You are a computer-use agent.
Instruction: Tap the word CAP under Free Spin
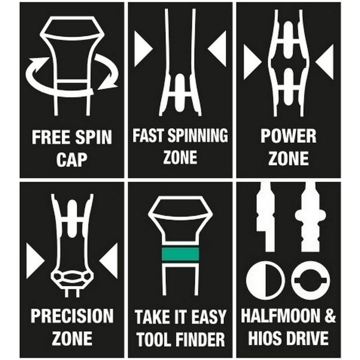pyautogui.click(x=72, y=160)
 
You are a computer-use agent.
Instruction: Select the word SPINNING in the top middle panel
pyautogui.click(x=198, y=135)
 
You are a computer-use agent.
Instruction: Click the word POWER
pyautogui.click(x=288, y=136)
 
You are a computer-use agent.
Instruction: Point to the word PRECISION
pyautogui.click(x=72, y=316)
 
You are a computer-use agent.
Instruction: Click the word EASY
pyautogui.click(x=208, y=317)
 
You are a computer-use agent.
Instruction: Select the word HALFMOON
pyautogui.click(x=280, y=316)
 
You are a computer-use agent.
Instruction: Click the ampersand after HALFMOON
pyautogui.click(x=330, y=316)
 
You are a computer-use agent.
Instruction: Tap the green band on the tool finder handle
pyautogui.click(x=180, y=254)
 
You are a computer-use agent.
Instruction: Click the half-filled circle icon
pyautogui.click(x=264, y=280)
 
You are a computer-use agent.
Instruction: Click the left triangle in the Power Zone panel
pyautogui.click(x=252, y=62)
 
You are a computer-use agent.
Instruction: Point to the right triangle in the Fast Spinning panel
pyautogui.click(x=217, y=49)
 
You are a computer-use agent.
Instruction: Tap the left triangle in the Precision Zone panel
pyautogui.click(x=35, y=261)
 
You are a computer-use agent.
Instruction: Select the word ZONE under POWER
pyautogui.click(x=288, y=158)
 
